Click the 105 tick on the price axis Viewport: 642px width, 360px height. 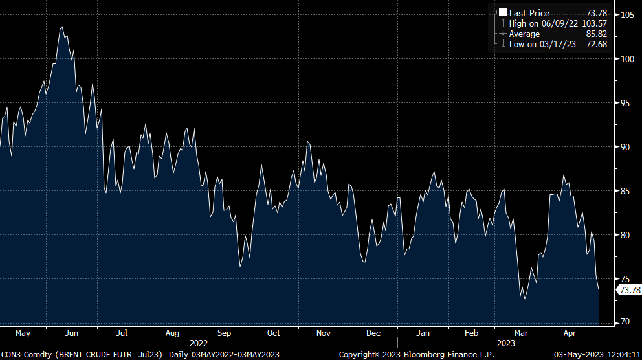click(x=626, y=15)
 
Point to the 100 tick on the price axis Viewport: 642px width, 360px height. click(x=626, y=59)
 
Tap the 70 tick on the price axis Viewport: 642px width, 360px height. click(x=625, y=322)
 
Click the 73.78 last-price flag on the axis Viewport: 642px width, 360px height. click(x=630, y=290)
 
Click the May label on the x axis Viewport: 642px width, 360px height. click(x=23, y=333)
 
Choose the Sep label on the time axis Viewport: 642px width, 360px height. click(x=224, y=333)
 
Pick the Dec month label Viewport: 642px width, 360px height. click(x=373, y=333)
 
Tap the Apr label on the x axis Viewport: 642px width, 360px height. click(x=570, y=333)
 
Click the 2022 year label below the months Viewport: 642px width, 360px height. click(x=199, y=343)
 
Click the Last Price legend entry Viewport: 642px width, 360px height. click(x=529, y=13)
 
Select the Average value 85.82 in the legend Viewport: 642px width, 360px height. click(x=596, y=34)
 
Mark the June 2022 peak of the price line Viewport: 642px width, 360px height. click(x=61, y=27)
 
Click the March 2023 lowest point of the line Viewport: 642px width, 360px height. click(x=524, y=298)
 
